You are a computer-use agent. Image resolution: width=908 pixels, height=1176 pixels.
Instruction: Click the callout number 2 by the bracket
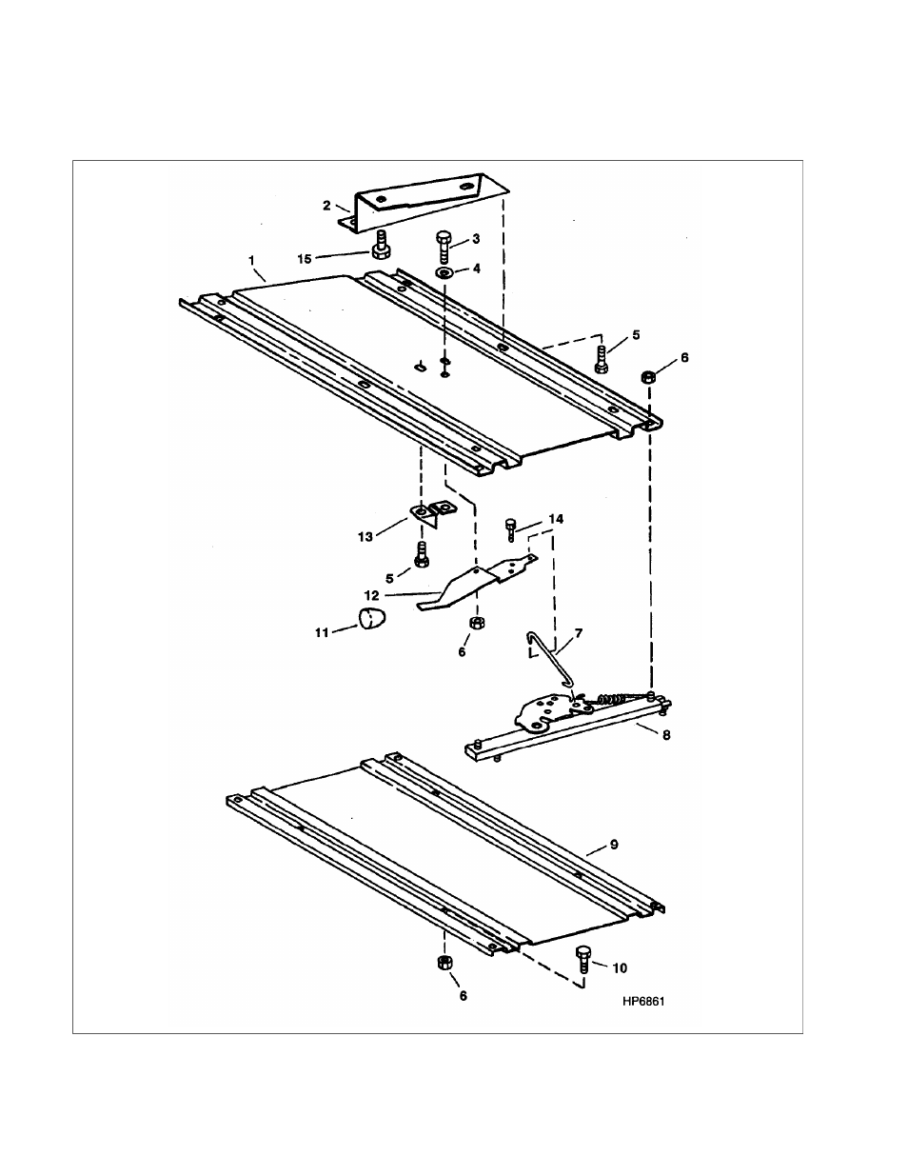(x=326, y=205)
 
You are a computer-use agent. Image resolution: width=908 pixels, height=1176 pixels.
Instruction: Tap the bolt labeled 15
(x=381, y=244)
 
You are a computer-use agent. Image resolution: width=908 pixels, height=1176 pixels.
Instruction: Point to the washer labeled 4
(x=445, y=272)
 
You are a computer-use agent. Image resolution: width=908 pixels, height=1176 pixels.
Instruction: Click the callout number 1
(x=251, y=259)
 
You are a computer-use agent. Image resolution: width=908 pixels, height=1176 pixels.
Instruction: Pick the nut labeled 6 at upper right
(x=648, y=377)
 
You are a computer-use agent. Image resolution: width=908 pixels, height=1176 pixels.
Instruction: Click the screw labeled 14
(x=512, y=527)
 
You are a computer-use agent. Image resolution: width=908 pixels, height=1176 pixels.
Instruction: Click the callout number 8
(x=666, y=735)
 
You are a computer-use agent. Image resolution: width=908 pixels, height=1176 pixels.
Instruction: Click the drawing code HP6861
(x=642, y=1002)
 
